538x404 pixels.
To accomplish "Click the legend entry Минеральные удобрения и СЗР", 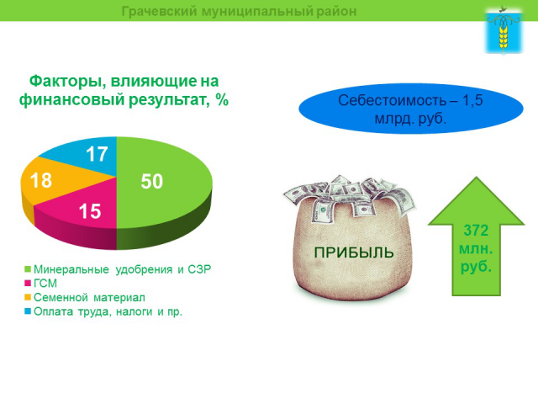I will coord(118,269).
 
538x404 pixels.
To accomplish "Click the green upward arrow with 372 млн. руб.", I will coord(473,244).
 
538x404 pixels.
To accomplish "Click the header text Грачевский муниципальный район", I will coord(239,11).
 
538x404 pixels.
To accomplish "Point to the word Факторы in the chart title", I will coord(64,81).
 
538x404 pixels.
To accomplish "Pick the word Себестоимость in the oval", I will coord(386,101).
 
